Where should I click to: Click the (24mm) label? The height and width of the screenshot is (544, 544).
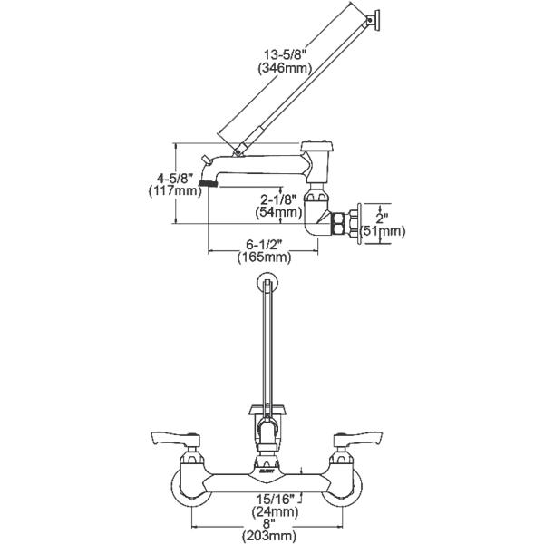click(x=277, y=510)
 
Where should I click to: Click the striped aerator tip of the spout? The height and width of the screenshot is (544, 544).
click(x=210, y=184)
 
